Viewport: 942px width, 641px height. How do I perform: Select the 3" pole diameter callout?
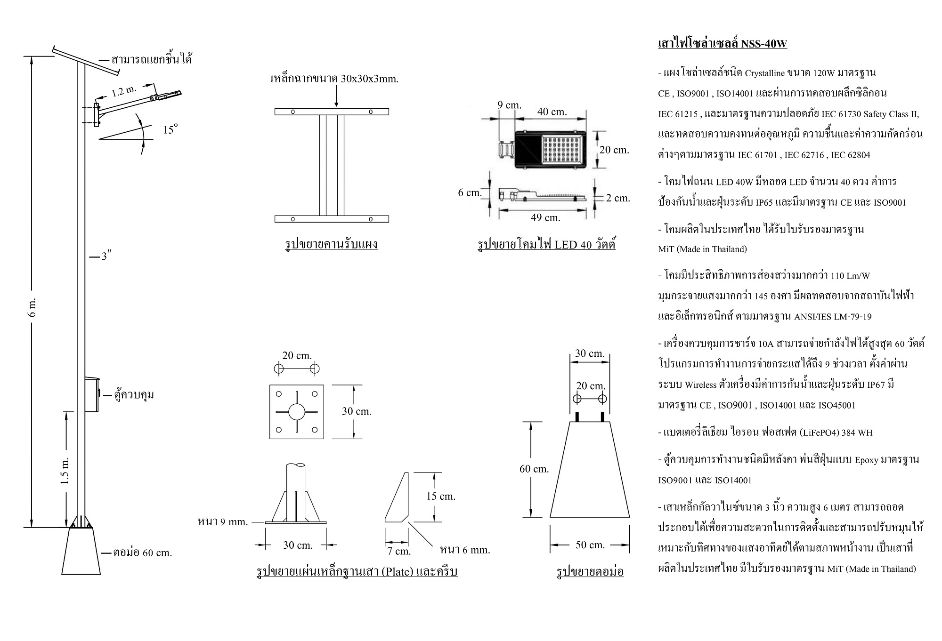[106, 256]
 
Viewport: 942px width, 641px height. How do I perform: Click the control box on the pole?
[92, 395]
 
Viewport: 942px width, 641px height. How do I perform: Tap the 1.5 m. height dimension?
[65, 470]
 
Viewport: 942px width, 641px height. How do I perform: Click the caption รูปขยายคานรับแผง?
[331, 244]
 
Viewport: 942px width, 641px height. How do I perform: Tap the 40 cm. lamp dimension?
[552, 112]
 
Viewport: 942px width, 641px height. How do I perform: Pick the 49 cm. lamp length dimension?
[545, 218]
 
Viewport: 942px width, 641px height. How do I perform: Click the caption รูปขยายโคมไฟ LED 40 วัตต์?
[546, 245]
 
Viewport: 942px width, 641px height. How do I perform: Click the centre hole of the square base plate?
[297, 412]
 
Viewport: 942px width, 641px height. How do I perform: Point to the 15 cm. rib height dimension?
[440, 497]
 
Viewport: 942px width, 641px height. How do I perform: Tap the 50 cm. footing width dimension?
[590, 545]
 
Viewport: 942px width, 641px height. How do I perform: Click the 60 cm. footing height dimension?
[534, 469]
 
